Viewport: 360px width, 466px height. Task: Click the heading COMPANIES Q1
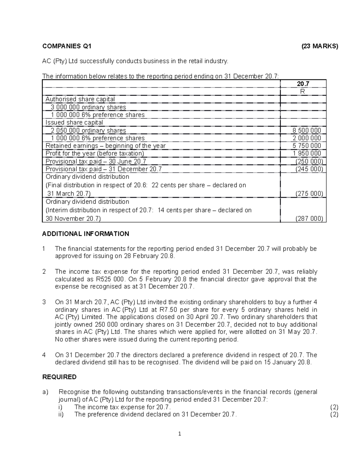click(x=67, y=46)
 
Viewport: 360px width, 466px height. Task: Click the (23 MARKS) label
click(x=320, y=46)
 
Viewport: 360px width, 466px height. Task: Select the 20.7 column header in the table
click(x=303, y=84)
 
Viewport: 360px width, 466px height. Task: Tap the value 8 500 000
click(x=307, y=131)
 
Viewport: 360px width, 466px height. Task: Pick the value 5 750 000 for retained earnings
click(x=307, y=146)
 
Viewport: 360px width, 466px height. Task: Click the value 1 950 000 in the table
click(x=307, y=153)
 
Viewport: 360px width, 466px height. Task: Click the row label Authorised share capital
click(x=80, y=99)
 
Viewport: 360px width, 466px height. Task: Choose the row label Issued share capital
click(x=74, y=122)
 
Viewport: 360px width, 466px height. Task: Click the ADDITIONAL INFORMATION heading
click(x=86, y=234)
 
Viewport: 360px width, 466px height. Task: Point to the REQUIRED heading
click(x=59, y=377)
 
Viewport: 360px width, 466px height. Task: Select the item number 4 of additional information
click(x=44, y=355)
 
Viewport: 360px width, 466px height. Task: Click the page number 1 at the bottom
click(x=179, y=434)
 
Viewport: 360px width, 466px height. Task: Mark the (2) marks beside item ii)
click(x=334, y=415)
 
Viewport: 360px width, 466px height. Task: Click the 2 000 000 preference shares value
click(x=307, y=138)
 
